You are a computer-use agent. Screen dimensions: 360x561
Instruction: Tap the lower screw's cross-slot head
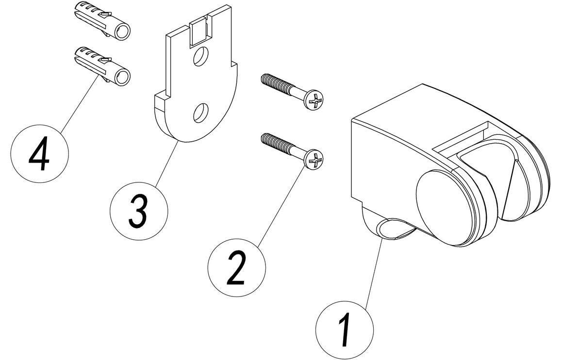point(314,160)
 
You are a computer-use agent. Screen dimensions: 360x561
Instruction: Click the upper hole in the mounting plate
point(198,57)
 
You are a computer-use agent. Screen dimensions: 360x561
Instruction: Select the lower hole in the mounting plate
point(199,114)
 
